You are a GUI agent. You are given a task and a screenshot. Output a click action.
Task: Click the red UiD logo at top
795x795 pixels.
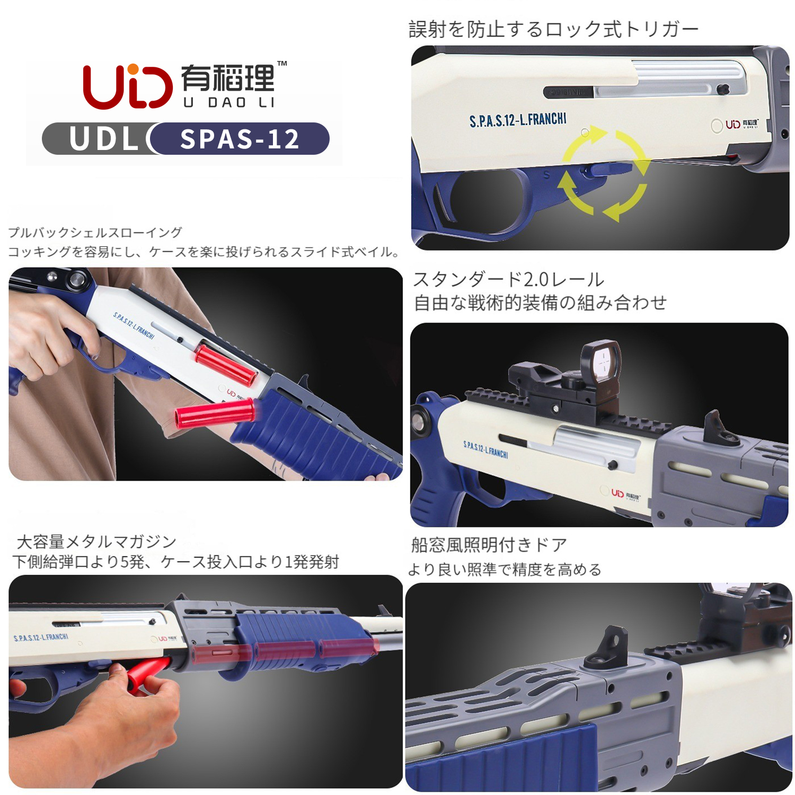128,86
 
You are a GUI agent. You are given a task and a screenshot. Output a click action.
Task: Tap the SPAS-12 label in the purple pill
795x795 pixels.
240,139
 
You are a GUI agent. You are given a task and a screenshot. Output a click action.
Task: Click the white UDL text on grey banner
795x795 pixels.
104,139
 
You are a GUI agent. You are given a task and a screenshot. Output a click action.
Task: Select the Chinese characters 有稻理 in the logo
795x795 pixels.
228,78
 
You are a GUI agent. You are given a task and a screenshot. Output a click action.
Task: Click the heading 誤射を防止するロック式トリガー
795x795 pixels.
554,29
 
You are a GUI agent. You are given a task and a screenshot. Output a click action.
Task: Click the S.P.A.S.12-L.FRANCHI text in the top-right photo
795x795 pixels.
518,120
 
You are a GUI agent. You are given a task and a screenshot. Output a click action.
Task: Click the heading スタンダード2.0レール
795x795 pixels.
509,279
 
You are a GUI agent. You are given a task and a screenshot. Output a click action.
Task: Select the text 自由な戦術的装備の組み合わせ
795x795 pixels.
540,303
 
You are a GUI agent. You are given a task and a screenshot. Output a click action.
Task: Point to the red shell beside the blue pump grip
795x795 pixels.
215,413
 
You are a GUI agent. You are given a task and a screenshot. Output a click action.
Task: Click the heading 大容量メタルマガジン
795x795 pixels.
96,541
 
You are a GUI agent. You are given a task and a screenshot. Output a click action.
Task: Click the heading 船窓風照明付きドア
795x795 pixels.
489,544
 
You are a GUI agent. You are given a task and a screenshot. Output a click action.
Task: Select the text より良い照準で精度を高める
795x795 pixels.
505,569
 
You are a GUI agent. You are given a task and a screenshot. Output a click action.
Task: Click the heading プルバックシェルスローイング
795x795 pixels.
95,233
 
